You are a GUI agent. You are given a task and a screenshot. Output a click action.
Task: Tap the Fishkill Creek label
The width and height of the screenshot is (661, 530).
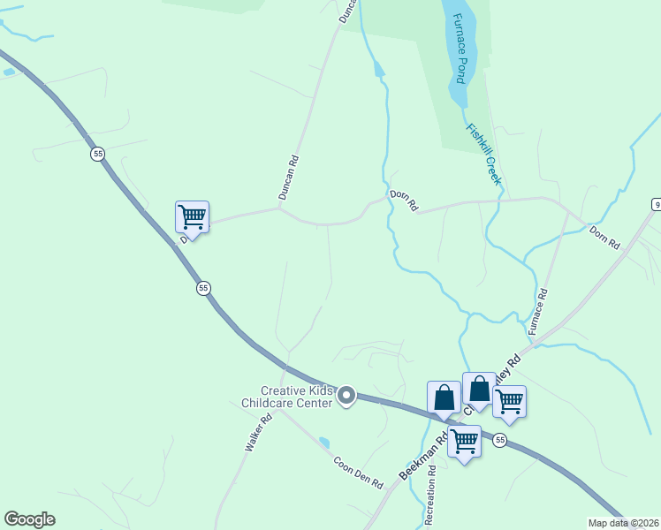pos(484,153)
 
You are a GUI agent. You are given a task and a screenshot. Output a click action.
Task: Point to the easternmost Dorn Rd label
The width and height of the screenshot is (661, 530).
pos(605,237)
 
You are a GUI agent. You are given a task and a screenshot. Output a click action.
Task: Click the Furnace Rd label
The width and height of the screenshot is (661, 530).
pos(538,311)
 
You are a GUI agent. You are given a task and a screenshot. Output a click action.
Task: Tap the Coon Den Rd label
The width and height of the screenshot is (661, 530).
pos(357,472)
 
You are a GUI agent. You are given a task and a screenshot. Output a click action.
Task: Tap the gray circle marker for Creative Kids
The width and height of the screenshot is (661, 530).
pos(347,397)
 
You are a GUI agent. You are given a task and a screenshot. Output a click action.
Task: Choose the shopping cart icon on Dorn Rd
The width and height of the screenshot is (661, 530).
pos(192,216)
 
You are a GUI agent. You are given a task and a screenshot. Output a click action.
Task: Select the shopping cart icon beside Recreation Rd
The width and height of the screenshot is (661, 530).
pos(464,440)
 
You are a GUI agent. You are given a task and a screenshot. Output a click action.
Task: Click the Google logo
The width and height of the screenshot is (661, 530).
pos(29,519)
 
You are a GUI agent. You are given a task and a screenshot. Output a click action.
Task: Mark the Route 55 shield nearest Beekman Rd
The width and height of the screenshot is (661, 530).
pos(500,440)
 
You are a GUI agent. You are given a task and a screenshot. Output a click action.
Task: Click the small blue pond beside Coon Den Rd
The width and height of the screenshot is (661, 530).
pos(324,442)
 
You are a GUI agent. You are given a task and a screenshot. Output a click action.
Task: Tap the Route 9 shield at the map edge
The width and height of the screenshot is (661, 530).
pos(657,205)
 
